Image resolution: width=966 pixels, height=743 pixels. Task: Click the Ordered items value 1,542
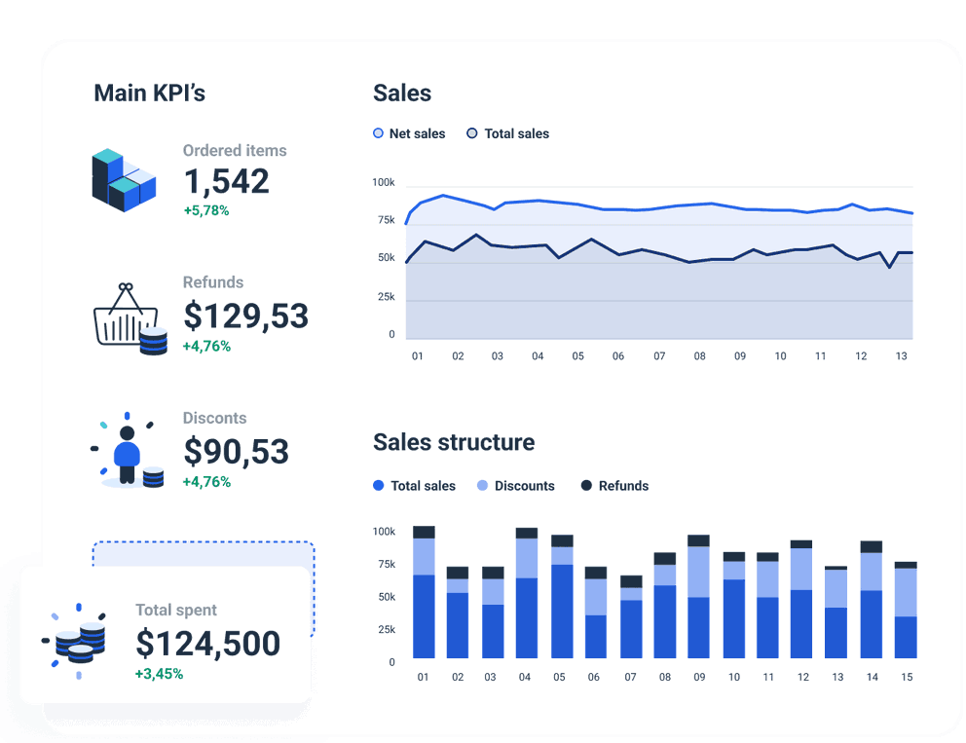[x=226, y=182]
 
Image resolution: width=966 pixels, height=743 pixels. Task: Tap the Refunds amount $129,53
[x=245, y=316]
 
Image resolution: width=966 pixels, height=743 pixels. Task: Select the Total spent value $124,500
[x=207, y=644]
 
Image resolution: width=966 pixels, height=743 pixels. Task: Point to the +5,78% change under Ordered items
[x=205, y=210]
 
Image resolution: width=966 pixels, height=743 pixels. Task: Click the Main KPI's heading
[x=149, y=93]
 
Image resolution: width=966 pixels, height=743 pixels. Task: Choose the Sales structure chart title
[x=454, y=442]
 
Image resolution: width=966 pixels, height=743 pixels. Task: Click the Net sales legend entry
[x=409, y=133]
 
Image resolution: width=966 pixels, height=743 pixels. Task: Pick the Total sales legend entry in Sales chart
[x=508, y=133]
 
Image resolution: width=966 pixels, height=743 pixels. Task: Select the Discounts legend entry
[x=515, y=486]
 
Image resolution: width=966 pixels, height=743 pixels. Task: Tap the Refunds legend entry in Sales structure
[x=614, y=486]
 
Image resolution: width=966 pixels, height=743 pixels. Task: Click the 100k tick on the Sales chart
[x=384, y=183]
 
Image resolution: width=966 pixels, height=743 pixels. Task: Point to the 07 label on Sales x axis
[x=659, y=356]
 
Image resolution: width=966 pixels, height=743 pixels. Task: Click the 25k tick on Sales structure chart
[x=386, y=630]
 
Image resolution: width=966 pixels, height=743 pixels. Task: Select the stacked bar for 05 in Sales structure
[x=562, y=596]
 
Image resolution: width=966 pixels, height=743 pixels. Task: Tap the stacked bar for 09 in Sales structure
[x=698, y=596]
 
